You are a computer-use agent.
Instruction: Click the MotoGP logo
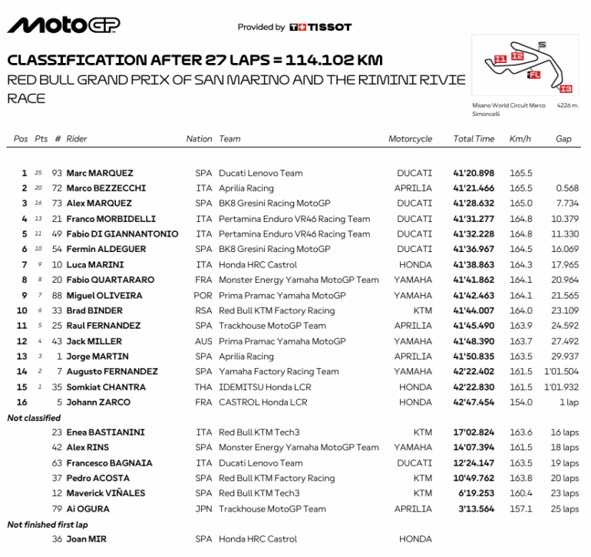pyautogui.click(x=63, y=25)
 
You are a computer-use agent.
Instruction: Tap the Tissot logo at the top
pyautogui.click(x=320, y=27)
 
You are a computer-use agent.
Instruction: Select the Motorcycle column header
pyautogui.click(x=410, y=139)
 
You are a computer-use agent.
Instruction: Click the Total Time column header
pyautogui.click(x=474, y=139)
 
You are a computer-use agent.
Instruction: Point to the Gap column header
pyautogui.click(x=563, y=139)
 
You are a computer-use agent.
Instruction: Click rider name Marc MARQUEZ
pyautogui.click(x=100, y=173)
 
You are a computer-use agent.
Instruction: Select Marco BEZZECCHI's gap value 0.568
pyautogui.click(x=566, y=188)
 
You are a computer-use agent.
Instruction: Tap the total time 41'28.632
pyautogui.click(x=474, y=204)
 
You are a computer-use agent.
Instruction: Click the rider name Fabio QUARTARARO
pyautogui.click(x=110, y=280)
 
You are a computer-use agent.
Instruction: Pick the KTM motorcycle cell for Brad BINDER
pyautogui.click(x=422, y=310)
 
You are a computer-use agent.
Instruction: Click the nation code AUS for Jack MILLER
pyautogui.click(x=203, y=341)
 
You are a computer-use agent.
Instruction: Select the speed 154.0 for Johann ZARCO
pyautogui.click(x=520, y=402)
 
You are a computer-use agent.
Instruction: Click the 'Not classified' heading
pyautogui.click(x=34, y=418)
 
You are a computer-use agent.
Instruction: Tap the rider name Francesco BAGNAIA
pyautogui.click(x=109, y=463)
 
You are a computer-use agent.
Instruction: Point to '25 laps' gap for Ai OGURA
pyautogui.click(x=565, y=509)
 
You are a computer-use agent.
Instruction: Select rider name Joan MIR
pyautogui.click(x=87, y=539)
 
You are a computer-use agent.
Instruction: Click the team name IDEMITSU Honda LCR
pyautogui.click(x=262, y=386)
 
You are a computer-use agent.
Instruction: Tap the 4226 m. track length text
pyautogui.click(x=567, y=105)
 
